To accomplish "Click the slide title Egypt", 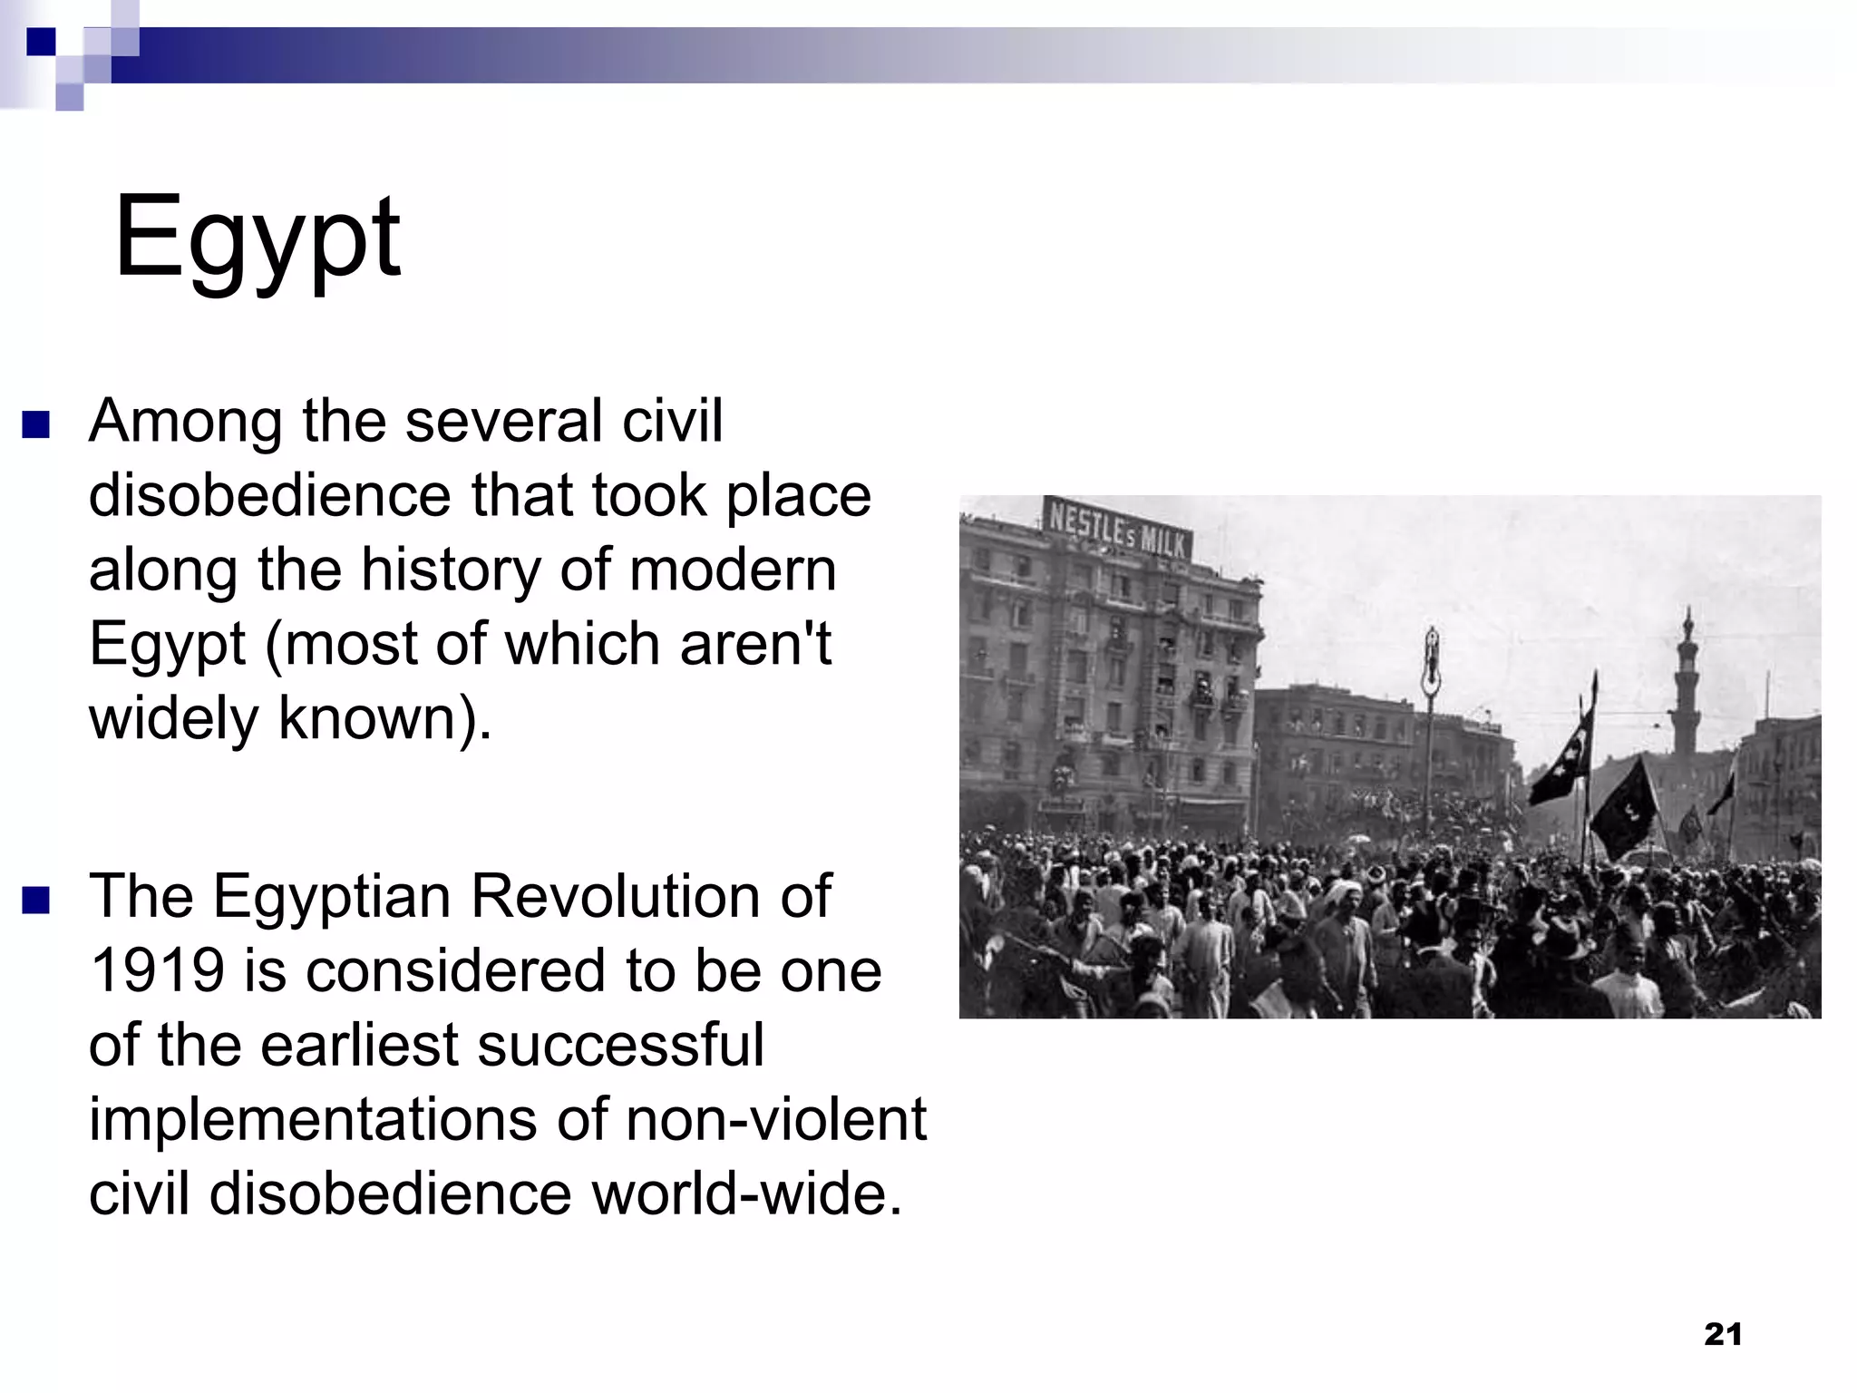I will click(257, 238).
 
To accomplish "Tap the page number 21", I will click(1723, 1334).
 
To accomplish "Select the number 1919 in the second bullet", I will click(157, 969).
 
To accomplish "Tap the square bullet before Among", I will click(36, 424).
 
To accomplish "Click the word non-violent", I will click(776, 1118).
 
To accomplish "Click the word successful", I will click(620, 1044).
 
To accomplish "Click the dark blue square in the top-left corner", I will click(41, 42).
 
